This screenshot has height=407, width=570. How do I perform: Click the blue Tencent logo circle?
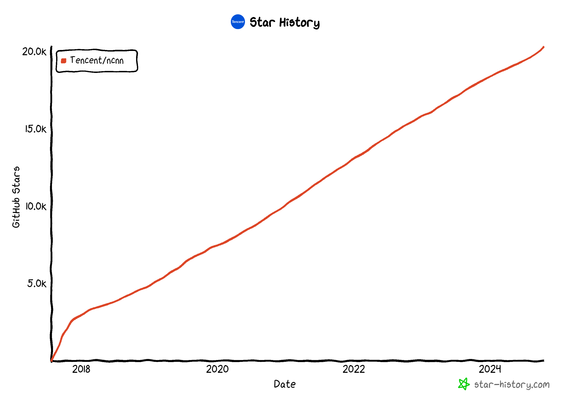(x=237, y=22)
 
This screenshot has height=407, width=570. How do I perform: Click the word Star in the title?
(x=262, y=22)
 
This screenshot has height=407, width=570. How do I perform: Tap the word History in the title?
(x=299, y=23)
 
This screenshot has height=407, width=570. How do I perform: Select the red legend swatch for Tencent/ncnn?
(x=64, y=61)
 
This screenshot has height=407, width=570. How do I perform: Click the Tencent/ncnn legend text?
(x=97, y=60)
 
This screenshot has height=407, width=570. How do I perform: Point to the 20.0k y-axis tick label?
(x=34, y=52)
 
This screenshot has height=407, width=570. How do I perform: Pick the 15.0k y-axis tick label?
(x=36, y=129)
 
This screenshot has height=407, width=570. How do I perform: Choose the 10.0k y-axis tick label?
(x=36, y=206)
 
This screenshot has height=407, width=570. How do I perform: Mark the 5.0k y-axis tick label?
(x=37, y=284)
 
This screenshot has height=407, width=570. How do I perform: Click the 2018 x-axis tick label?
(x=81, y=369)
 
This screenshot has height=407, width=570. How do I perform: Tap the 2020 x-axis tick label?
(x=217, y=369)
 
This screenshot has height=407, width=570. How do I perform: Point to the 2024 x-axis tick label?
(x=490, y=369)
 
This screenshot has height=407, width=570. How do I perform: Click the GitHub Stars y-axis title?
(x=16, y=197)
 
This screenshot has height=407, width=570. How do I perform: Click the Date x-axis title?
(x=285, y=384)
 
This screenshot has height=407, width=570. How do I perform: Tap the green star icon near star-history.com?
(x=464, y=384)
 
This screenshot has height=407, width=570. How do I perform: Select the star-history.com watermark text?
(x=512, y=385)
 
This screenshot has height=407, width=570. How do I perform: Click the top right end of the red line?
(x=543, y=47)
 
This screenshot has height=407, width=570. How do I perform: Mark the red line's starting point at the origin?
(x=52, y=361)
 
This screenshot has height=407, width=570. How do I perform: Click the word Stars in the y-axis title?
(x=16, y=180)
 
